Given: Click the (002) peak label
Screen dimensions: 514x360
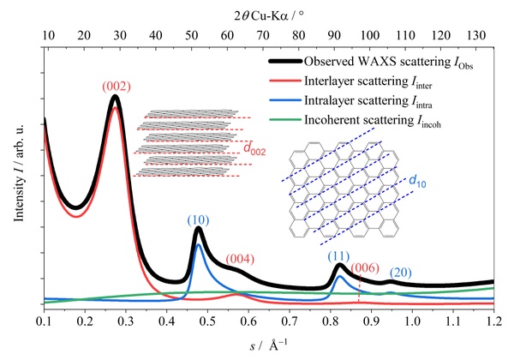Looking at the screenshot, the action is (117, 87).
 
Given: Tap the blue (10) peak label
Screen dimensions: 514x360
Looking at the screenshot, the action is (199, 220).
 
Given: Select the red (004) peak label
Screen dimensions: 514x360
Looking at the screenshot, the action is (240, 260).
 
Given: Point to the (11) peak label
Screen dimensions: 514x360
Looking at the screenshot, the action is (338, 256).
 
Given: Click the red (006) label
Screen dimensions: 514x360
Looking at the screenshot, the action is (365, 268).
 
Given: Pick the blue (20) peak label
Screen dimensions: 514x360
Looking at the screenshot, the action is (401, 273).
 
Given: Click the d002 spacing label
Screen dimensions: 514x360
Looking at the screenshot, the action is (254, 149).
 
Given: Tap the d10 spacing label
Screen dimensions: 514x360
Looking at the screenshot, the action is (418, 181).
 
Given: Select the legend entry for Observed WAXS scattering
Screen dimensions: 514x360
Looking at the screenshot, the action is (371, 62).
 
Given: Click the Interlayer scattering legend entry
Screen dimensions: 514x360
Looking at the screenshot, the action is (350, 81).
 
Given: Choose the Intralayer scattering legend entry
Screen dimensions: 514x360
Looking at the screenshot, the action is (350, 100).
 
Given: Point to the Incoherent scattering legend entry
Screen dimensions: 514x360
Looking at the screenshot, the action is (355, 120).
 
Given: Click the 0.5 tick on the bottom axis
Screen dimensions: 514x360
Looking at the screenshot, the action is (207, 321).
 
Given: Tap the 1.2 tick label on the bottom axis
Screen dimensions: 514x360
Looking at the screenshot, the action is (493, 321).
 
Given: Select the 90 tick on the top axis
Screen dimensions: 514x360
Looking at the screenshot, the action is (334, 35).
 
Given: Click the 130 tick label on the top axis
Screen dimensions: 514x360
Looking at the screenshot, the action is (476, 35).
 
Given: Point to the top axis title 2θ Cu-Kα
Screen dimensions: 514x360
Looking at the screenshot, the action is (269, 15).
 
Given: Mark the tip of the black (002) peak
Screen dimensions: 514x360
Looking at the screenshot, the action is (115, 96).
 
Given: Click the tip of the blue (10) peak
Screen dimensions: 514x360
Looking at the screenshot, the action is (198, 244).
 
